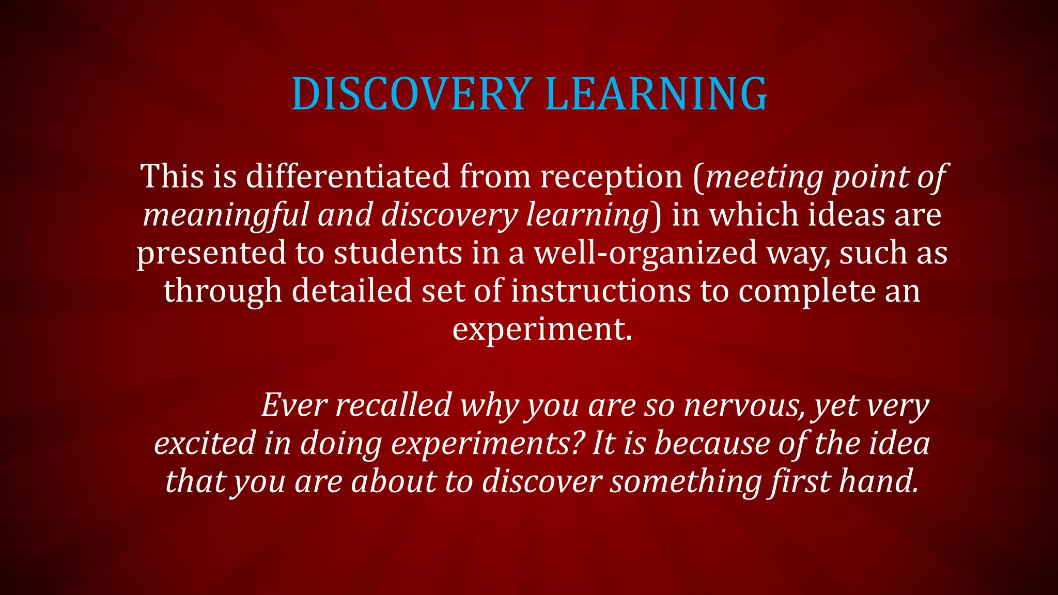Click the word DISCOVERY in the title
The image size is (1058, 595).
(x=412, y=94)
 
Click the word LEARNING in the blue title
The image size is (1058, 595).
(x=656, y=94)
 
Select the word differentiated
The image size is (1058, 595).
(x=348, y=177)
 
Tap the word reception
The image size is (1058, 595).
(x=612, y=177)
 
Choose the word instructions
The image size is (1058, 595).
(x=601, y=291)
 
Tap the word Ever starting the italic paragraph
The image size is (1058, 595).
(x=294, y=405)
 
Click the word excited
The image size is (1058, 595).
(x=205, y=443)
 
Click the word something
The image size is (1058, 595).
(x=686, y=481)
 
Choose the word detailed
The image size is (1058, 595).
(x=352, y=291)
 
